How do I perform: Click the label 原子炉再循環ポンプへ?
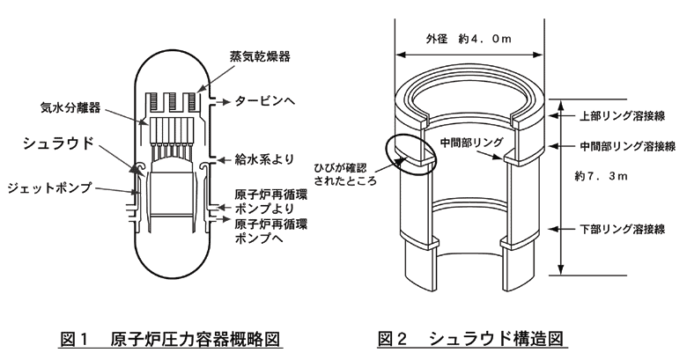point(271,231)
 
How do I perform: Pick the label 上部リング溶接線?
point(621,115)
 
